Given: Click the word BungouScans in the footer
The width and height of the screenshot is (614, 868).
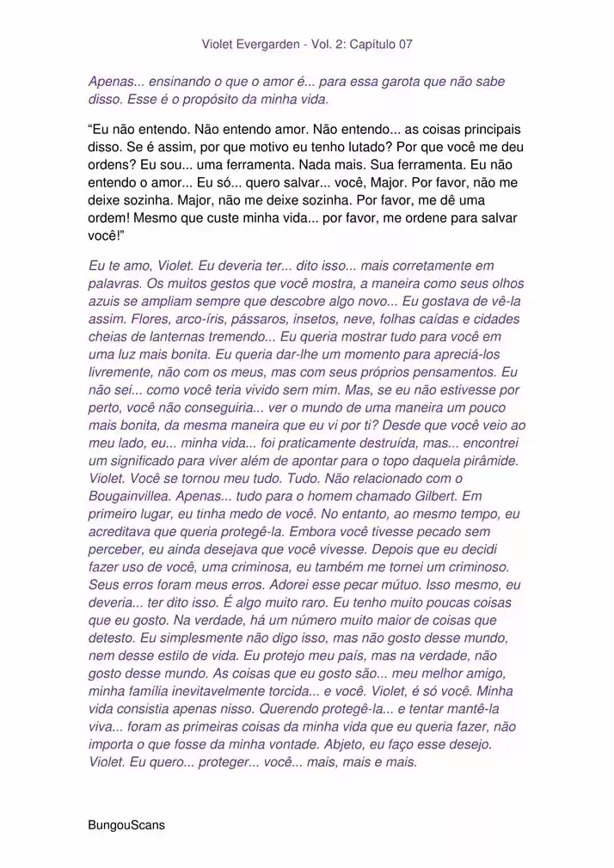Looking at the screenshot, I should [x=126, y=824].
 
